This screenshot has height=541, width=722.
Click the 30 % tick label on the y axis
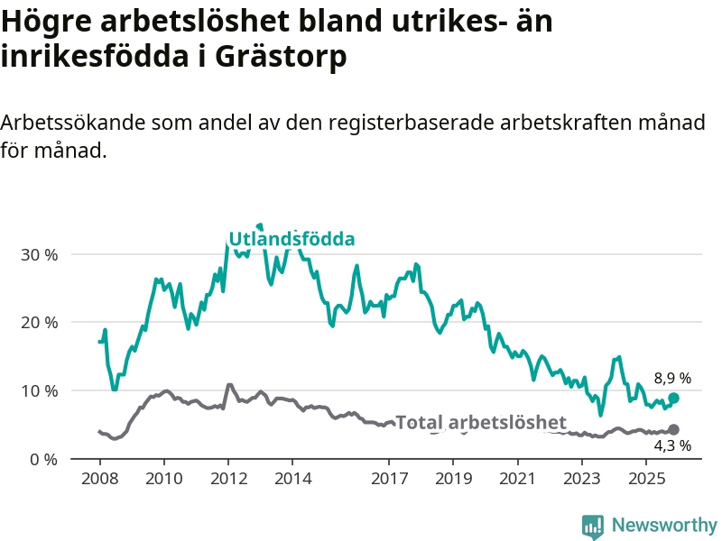[38, 254]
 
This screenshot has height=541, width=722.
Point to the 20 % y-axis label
[38, 323]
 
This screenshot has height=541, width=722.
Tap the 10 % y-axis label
[38, 391]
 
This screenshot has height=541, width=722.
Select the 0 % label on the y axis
[42, 460]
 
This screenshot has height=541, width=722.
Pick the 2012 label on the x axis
[227, 477]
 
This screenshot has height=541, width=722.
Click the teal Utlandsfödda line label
[292, 239]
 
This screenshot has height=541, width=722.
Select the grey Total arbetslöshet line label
[481, 423]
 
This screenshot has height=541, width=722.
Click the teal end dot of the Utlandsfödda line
[673, 399]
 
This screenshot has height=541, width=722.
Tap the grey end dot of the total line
[673, 430]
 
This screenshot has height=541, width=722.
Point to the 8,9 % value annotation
[672, 379]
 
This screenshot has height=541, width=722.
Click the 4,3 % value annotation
[672, 445]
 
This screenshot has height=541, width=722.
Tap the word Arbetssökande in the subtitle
[72, 124]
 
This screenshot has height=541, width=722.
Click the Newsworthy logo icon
[593, 525]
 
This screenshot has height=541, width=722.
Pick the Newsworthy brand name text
[664, 525]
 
